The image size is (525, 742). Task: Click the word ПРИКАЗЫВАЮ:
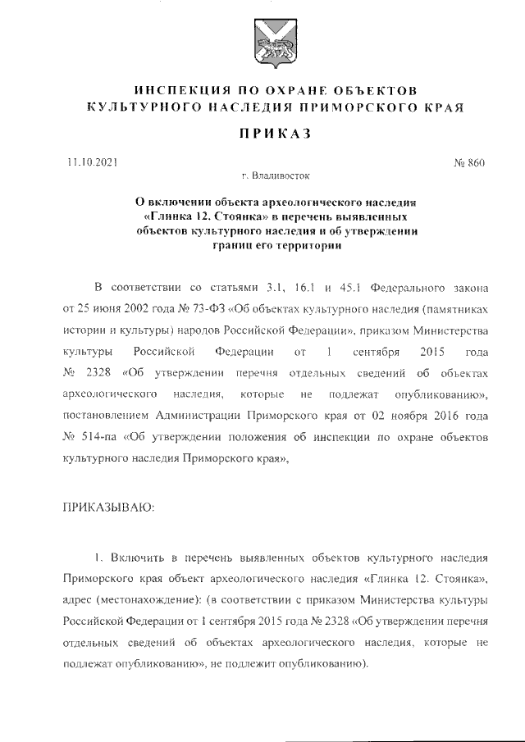tap(103, 507)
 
